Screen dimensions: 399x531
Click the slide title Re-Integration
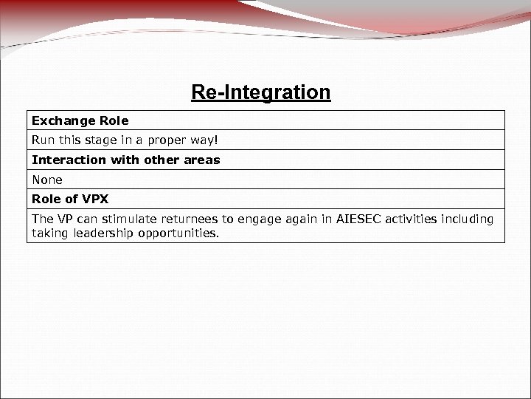(x=260, y=93)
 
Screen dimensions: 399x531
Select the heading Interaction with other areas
(x=125, y=160)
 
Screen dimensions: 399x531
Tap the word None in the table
(x=47, y=179)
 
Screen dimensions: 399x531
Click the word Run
(x=42, y=140)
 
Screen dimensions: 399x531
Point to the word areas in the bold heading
(x=203, y=160)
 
